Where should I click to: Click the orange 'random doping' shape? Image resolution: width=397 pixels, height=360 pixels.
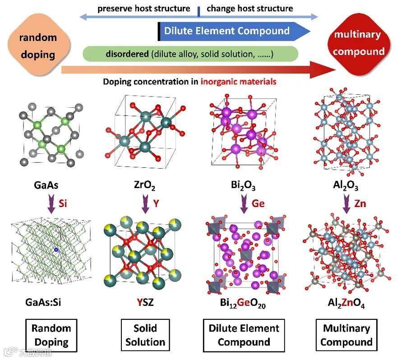coord(38,46)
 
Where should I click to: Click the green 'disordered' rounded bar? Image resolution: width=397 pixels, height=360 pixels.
coord(190,54)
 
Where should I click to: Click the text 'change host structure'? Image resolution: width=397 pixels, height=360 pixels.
coord(249,9)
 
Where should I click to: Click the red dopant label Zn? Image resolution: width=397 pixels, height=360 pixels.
coord(360,203)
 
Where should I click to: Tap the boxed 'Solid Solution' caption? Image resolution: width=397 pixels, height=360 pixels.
coord(145,335)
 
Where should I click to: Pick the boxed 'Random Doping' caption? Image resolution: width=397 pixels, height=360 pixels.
coord(51,335)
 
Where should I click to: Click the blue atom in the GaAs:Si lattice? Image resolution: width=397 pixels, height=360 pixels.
coord(56,249)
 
